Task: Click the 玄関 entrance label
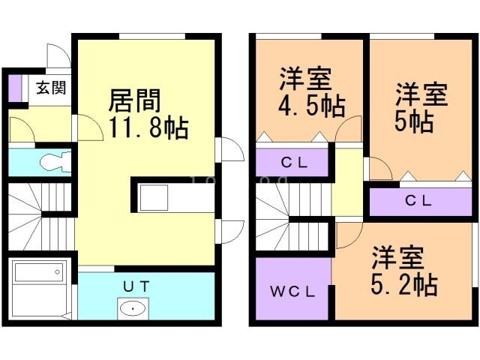(x=50, y=87)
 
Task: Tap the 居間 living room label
(x=135, y=98)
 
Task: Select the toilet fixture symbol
(x=55, y=160)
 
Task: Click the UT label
(x=136, y=285)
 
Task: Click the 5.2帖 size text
(x=405, y=284)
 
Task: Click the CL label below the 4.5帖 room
(x=292, y=161)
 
